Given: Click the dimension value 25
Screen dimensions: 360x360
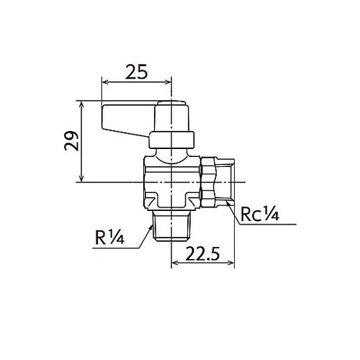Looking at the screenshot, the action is click(136, 72).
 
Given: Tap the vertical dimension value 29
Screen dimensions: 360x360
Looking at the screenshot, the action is click(71, 141).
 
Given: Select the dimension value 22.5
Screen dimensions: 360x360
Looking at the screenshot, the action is click(202, 253).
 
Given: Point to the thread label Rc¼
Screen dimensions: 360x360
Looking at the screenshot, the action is click(260, 214).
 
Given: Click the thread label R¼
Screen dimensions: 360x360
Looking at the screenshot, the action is click(109, 238).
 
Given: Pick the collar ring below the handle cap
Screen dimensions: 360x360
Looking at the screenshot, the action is click(171, 140).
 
